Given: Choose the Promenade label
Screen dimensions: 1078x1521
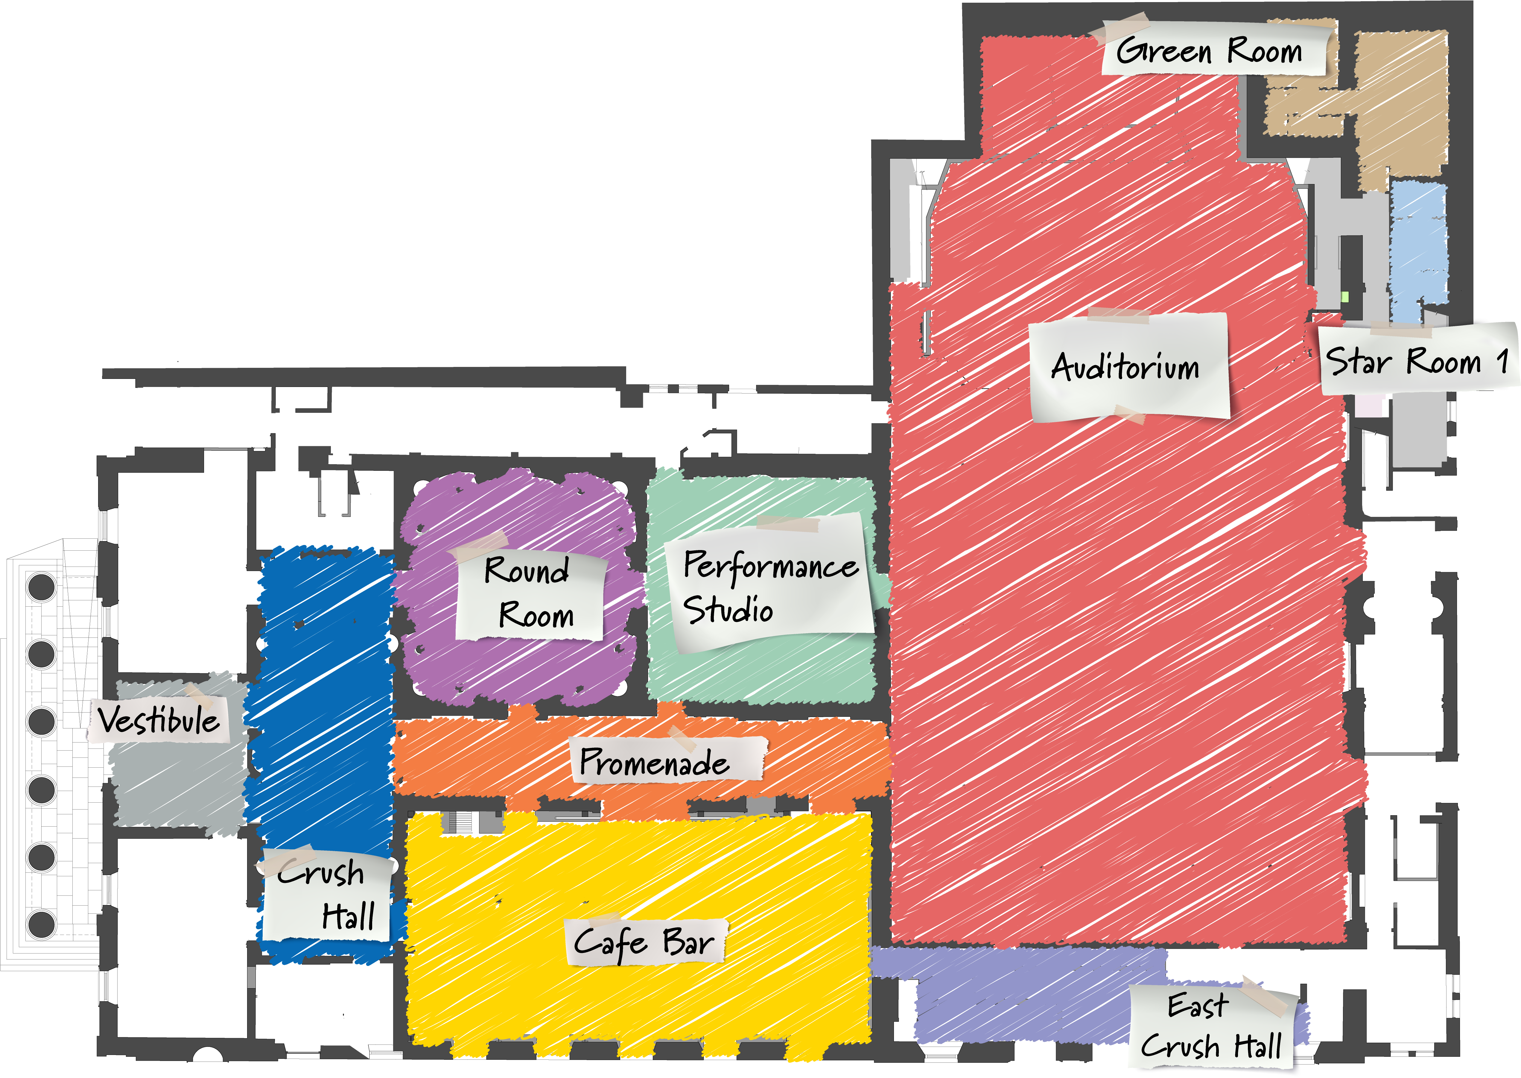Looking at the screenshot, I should pos(664,761).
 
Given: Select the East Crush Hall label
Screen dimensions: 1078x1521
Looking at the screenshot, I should pos(1212,1026).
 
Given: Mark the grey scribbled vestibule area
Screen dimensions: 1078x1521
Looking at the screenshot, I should pos(176,787).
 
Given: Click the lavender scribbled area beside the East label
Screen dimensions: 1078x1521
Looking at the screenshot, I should pos(1022,1002).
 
